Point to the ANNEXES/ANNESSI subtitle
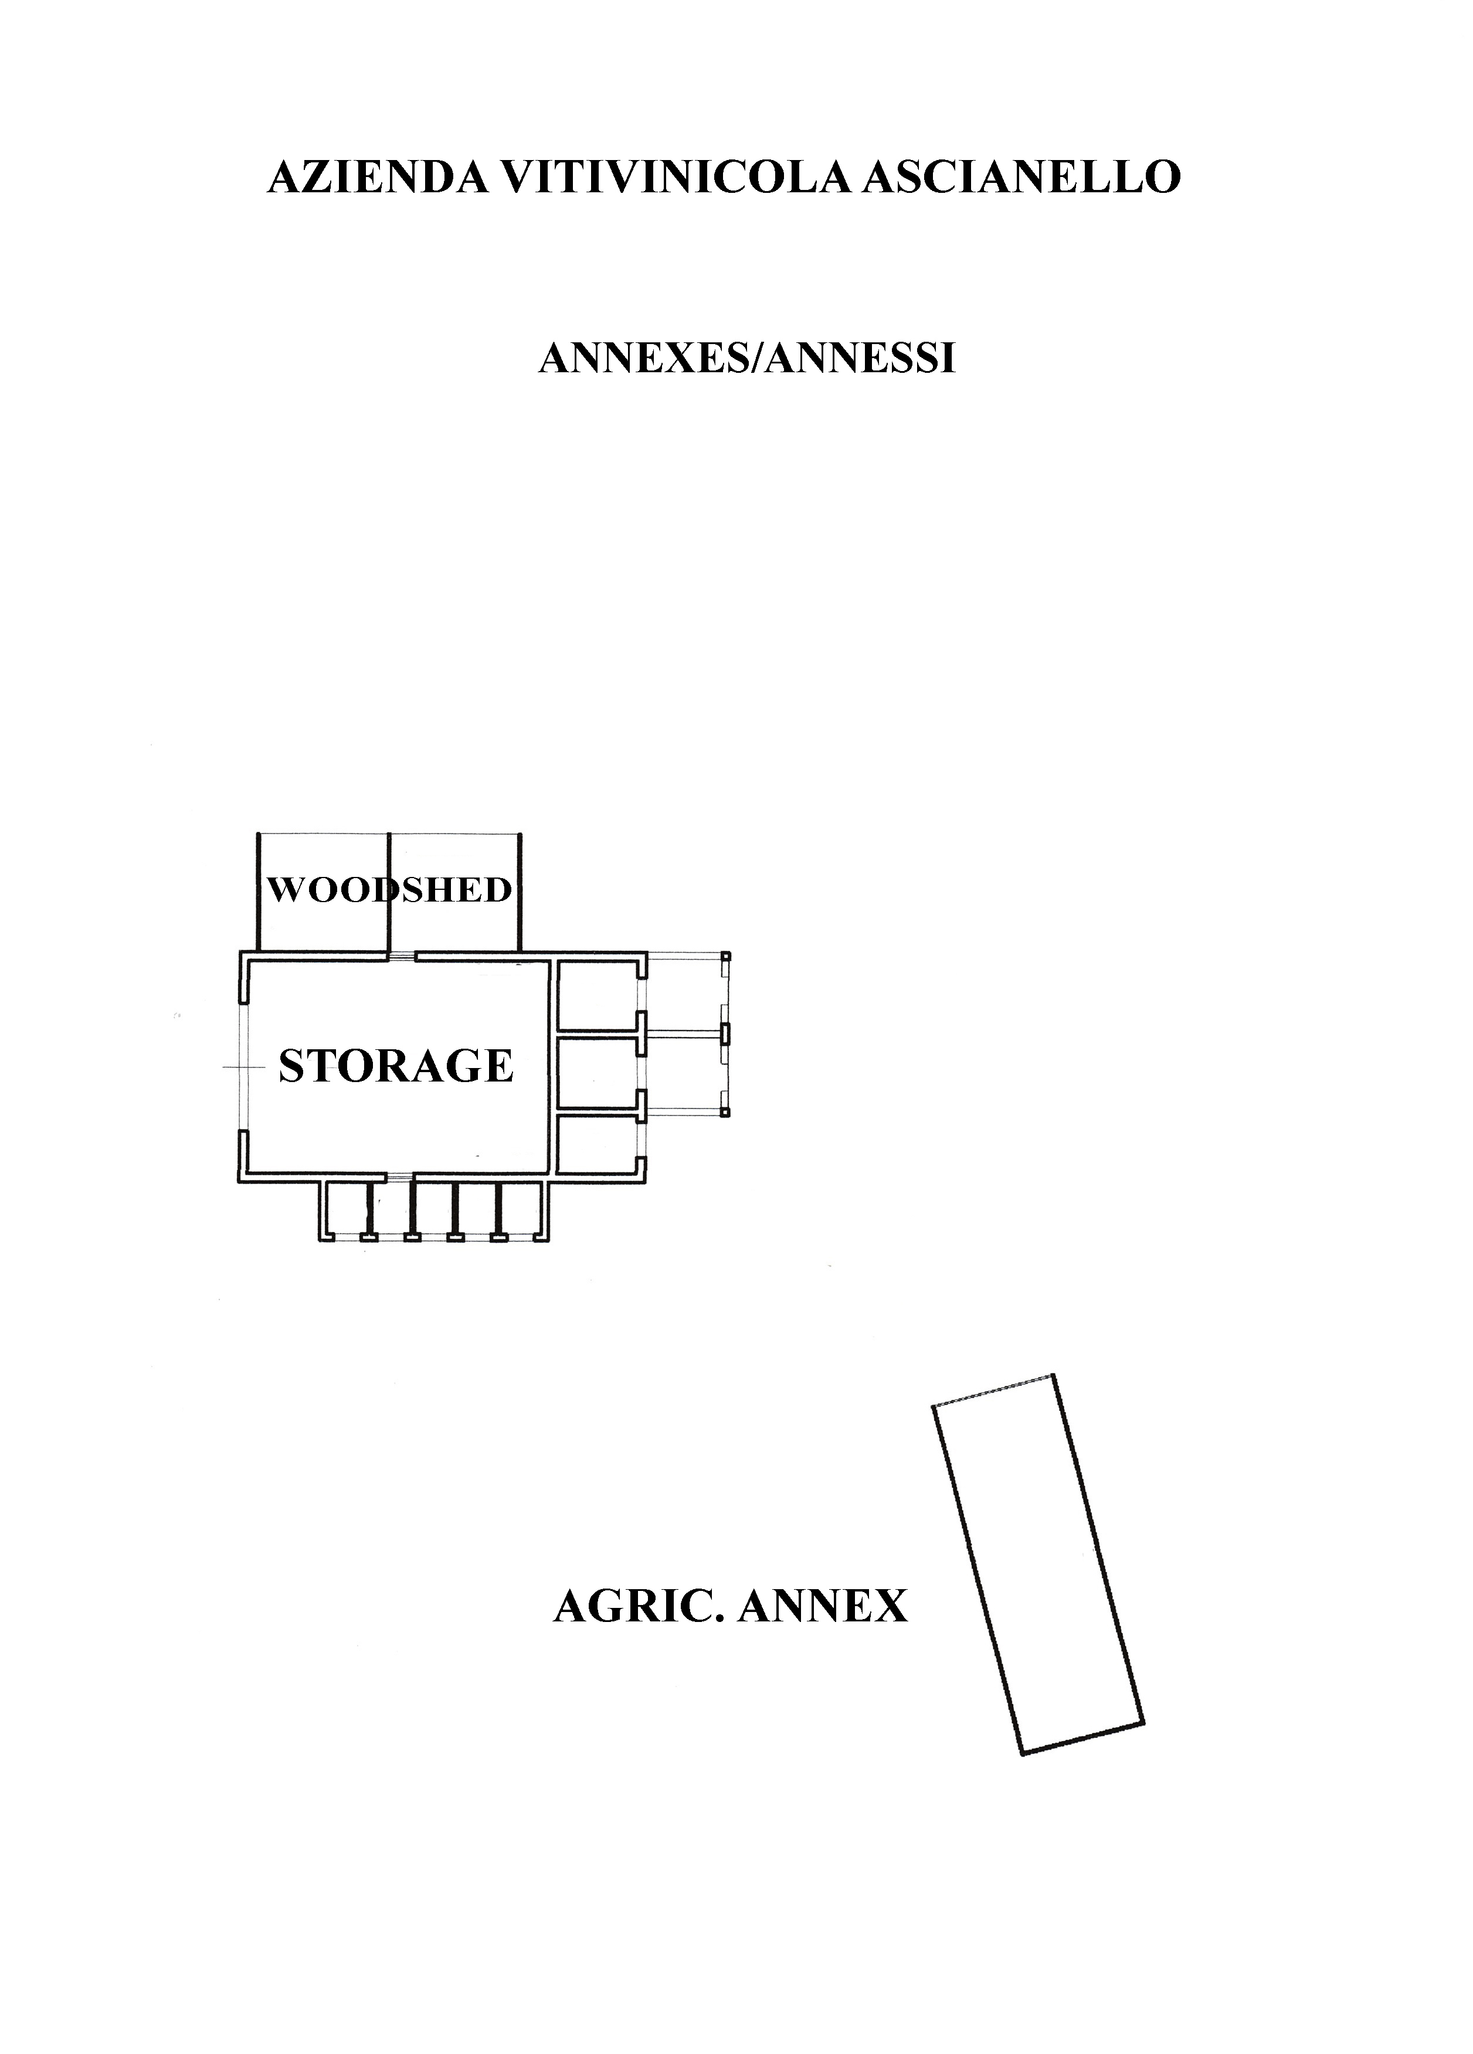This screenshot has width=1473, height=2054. click(746, 359)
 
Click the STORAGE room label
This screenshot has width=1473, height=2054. click(396, 1066)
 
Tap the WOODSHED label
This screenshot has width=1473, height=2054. click(389, 890)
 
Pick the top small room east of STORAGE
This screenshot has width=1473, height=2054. click(596, 994)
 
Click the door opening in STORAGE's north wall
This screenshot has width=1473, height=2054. click(402, 955)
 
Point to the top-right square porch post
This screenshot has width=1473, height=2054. click(725, 956)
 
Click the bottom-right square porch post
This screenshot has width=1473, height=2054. click(725, 1110)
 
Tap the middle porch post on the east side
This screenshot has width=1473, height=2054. click(725, 1032)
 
